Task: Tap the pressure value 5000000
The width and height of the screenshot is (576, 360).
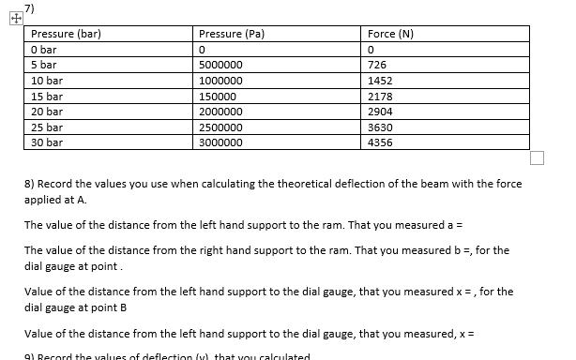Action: pos(221,66)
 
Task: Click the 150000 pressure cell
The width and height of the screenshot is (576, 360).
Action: pos(219,97)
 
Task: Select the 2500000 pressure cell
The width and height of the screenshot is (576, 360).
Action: pos(221,127)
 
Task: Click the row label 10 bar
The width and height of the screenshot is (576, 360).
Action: pos(47,81)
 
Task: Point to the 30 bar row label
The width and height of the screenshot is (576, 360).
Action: pos(47,142)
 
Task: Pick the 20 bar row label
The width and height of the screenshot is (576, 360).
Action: pos(47,112)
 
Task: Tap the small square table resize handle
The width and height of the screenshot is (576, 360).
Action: pos(537,157)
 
